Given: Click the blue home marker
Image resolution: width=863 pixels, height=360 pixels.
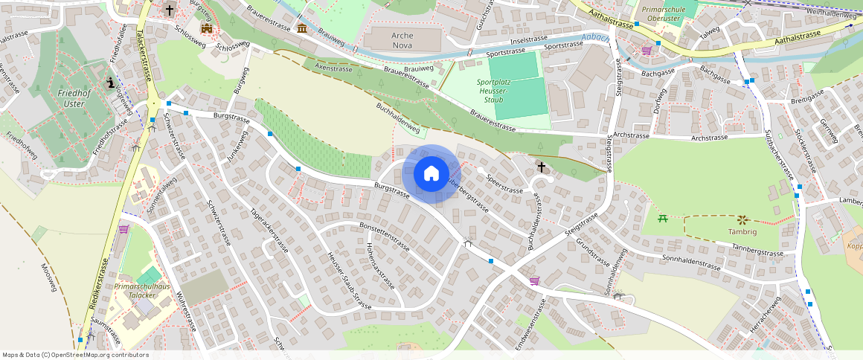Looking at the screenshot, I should coord(431,174).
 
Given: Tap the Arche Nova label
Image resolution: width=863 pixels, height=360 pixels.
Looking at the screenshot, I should coord(392,40).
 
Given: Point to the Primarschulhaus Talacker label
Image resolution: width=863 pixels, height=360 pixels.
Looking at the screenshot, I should coord(142,290).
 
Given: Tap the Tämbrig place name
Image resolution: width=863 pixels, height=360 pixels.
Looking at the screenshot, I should coord(742,231).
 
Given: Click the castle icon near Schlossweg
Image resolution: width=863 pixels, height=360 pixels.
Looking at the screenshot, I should coord(207,28).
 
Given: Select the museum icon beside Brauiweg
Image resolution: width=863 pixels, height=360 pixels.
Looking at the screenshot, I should coord(301,28).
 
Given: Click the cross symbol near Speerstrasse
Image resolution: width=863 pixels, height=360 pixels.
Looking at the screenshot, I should coord(542,167).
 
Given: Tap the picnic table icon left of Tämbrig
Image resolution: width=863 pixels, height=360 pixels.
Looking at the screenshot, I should coord(664,219).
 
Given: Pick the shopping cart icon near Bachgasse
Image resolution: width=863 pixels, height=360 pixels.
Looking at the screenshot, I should coord(647,51).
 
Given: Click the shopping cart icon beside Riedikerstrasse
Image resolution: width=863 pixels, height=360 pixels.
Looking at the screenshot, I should coord(123,229).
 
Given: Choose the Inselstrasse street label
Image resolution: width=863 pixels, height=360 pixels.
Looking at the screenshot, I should coord(527,40).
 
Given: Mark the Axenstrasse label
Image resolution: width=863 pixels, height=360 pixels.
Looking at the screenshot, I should coord(334,68).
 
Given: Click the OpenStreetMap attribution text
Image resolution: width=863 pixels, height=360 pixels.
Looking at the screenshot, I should coord(75,355).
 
